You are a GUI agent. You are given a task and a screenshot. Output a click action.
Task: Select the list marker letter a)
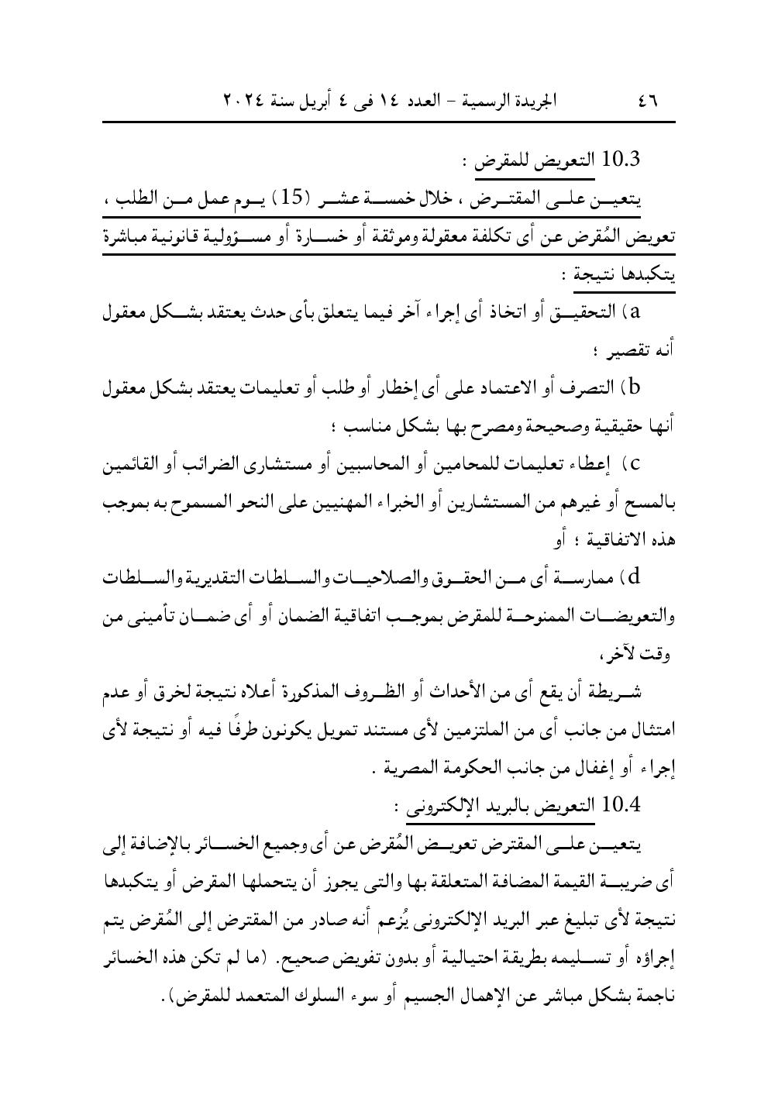pyautogui.click(x=640, y=312)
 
